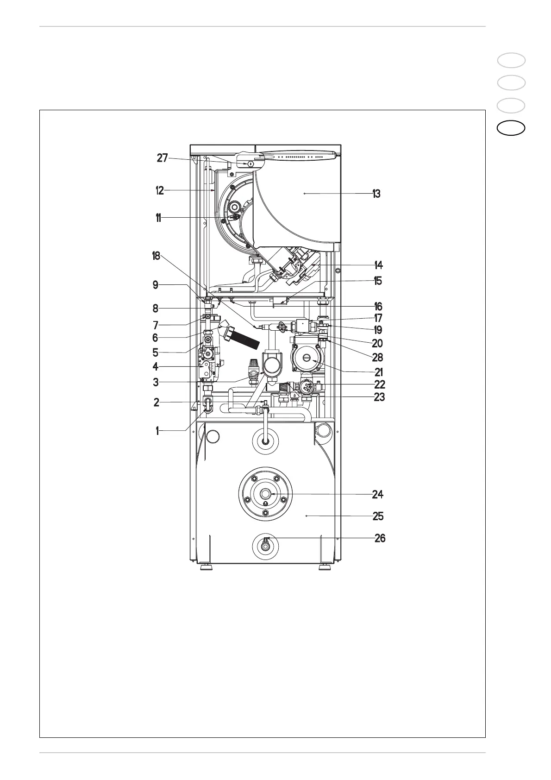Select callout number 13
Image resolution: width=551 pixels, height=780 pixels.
pos(376,194)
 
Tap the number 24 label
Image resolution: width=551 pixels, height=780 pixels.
pos(378,495)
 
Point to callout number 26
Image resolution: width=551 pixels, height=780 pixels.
pos(380,539)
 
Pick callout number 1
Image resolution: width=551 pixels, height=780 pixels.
pos(157,431)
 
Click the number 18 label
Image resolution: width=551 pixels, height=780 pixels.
pos(156,256)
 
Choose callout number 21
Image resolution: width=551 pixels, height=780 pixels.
pos(379,372)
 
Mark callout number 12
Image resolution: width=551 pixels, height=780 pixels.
pos(160,190)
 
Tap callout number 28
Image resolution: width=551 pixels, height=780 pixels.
pos(378,358)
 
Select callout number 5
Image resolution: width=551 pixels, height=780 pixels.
pos(155,352)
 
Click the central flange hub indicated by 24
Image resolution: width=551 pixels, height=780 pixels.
pos(266,494)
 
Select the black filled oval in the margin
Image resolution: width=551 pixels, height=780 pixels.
pos(512,128)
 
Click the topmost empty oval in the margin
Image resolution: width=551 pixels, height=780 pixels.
pos(512,60)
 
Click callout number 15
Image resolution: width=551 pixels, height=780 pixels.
pos(378,281)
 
